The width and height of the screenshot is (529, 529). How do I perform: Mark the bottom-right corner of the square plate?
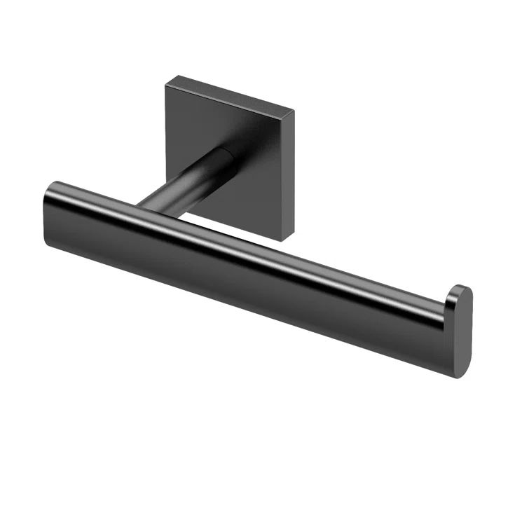coord(284,240)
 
